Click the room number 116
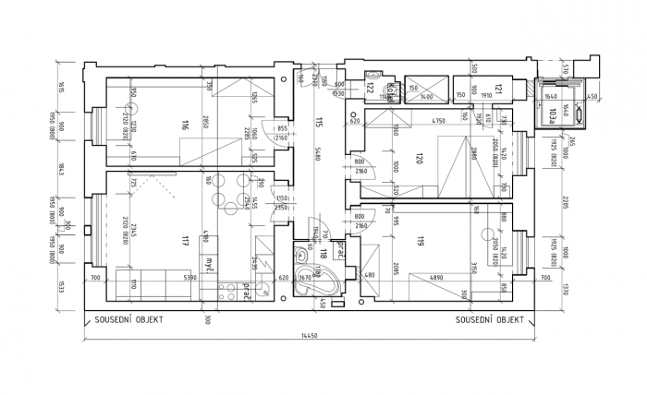pyautogui.click(x=186, y=126)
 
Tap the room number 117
pyautogui.click(x=186, y=242)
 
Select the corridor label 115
pyautogui.click(x=317, y=121)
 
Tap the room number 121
pyautogui.click(x=498, y=90)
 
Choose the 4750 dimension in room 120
pyautogui.click(x=439, y=121)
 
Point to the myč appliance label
pyautogui.click(x=212, y=263)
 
